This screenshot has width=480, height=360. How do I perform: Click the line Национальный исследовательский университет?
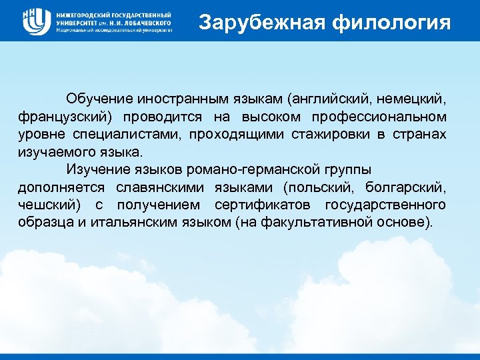point(114,31)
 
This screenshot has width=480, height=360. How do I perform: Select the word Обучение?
point(97,99)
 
